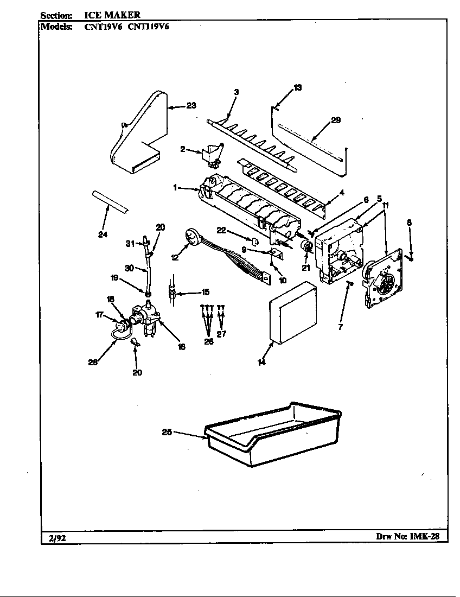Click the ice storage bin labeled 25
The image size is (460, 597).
pyautogui.click(x=271, y=437)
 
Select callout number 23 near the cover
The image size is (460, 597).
pyautogui.click(x=191, y=106)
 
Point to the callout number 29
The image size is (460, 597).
pyautogui.click(x=336, y=120)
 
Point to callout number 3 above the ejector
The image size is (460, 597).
pyautogui.click(x=236, y=92)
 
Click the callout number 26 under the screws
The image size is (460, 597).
pyautogui.click(x=209, y=342)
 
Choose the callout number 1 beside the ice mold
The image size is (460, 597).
pyautogui.click(x=176, y=187)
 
